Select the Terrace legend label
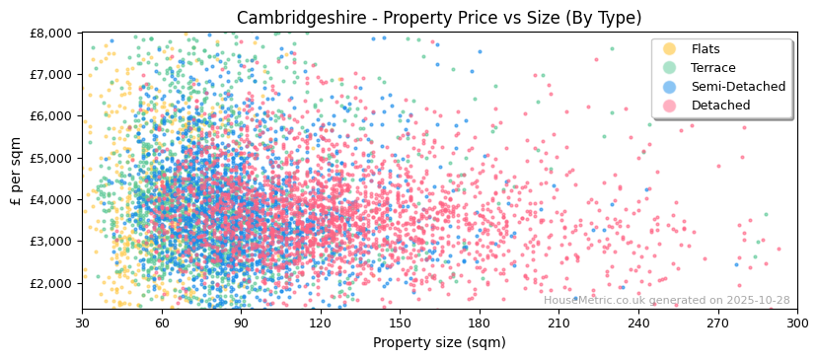point(714,68)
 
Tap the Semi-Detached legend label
point(738,87)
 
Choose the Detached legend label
point(720,106)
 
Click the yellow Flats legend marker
point(670,49)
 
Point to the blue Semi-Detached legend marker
point(670,87)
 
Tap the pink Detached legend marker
point(670,106)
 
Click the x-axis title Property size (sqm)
point(439,343)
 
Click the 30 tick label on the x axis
point(82,323)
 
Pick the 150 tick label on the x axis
point(400,323)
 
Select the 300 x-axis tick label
point(796,323)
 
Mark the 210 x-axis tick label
point(558,323)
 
